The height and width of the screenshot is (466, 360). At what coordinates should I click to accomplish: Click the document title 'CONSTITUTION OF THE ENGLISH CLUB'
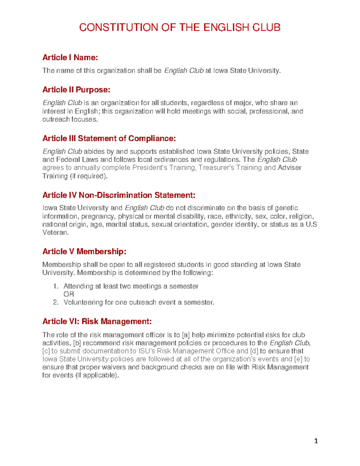[x=180, y=28]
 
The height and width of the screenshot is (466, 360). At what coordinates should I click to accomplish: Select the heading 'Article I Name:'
[x=70, y=57]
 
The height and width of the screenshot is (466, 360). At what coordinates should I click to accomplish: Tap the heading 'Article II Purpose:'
[x=76, y=90]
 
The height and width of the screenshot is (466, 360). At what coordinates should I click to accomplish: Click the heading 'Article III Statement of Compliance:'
[x=109, y=138]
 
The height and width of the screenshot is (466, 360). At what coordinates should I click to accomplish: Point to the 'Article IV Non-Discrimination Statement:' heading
[x=119, y=195]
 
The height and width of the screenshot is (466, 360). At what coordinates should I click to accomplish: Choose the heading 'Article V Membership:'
[x=84, y=251]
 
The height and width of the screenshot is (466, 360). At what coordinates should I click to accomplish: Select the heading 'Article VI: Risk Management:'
[x=97, y=321]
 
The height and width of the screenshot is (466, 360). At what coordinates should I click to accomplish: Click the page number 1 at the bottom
[x=316, y=441]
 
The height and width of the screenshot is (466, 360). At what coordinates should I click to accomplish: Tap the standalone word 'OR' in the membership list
[x=69, y=294]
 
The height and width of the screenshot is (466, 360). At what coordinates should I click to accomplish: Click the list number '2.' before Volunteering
[x=55, y=302]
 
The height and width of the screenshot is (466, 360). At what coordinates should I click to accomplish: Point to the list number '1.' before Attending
[x=55, y=286]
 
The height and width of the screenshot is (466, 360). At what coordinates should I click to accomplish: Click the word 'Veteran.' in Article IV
[x=55, y=232]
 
